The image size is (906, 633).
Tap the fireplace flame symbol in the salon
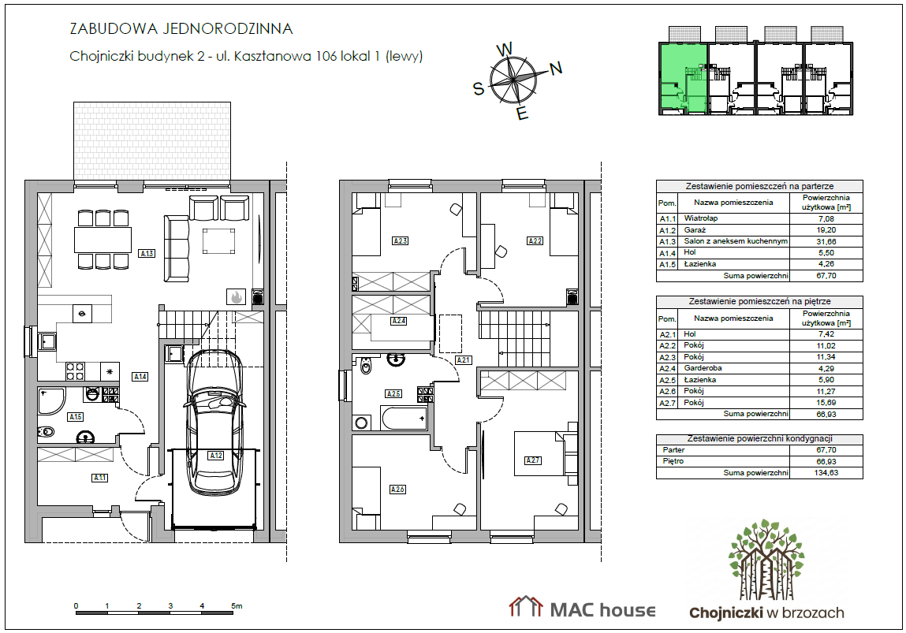(236, 297)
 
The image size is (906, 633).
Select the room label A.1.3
(147, 253)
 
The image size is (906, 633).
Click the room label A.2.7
(533, 460)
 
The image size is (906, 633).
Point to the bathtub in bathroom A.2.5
(405, 418)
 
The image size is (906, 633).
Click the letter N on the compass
(556, 69)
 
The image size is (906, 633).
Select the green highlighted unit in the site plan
(684, 78)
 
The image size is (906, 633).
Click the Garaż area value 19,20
(826, 230)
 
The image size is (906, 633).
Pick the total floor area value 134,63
(826, 472)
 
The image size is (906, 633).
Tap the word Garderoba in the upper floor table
(703, 368)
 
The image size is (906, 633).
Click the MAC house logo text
(602, 610)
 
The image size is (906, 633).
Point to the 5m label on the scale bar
(237, 606)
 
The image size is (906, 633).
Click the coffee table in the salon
(218, 241)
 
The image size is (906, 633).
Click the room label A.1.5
(75, 416)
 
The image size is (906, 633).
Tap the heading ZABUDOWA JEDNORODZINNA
(181, 28)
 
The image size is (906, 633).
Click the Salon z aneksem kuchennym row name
(736, 241)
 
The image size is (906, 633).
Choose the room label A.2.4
(399, 321)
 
